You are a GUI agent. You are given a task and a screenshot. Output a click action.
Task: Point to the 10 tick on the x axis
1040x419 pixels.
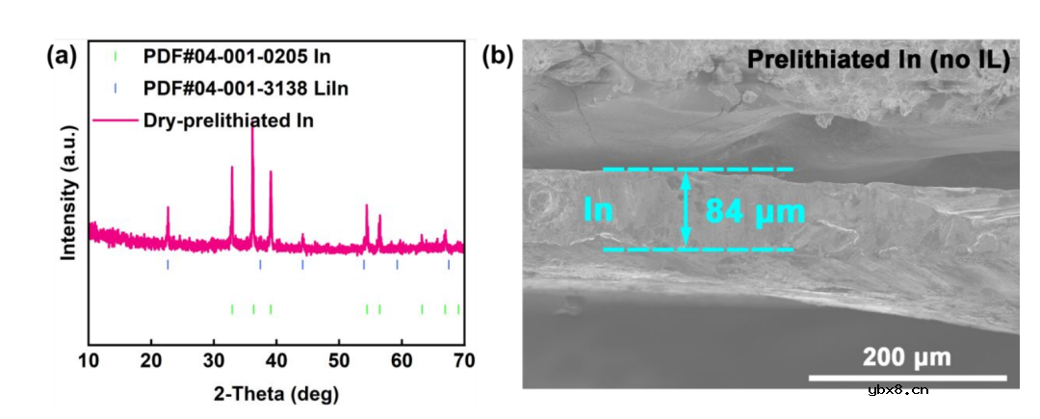coord(89,362)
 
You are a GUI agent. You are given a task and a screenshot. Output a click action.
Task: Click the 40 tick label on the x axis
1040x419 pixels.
coord(276,362)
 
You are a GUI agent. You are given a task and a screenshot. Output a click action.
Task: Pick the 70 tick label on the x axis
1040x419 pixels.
coord(463,362)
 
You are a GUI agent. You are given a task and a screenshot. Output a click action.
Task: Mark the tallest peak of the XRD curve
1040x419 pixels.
coord(252,128)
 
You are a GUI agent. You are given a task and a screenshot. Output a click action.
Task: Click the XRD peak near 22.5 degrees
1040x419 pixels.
coord(168,208)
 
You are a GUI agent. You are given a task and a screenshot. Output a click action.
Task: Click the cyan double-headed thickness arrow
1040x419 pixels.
coord(686,209)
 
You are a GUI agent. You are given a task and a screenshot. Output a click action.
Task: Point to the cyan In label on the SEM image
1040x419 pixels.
coord(598,210)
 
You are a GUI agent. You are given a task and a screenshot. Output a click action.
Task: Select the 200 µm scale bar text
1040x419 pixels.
coord(906,357)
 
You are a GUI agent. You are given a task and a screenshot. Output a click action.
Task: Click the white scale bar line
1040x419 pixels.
coord(907,377)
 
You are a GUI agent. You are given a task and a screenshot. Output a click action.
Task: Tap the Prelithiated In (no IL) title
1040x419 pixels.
coord(877,61)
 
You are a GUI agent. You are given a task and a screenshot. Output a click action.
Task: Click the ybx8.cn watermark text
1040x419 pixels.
coord(897,390)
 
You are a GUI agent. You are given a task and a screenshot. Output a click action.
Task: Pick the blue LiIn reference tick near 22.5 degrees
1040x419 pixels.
coord(168,264)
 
